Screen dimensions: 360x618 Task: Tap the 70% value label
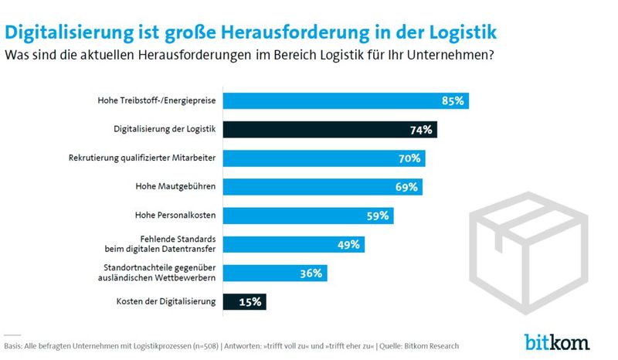pos(409,158)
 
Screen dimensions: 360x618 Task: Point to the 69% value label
pos(406,187)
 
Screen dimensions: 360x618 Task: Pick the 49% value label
pos(348,245)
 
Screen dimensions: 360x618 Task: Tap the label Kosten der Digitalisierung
pos(165,301)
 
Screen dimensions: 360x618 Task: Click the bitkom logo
pos(557,341)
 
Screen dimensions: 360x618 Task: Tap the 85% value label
pos(453,101)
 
